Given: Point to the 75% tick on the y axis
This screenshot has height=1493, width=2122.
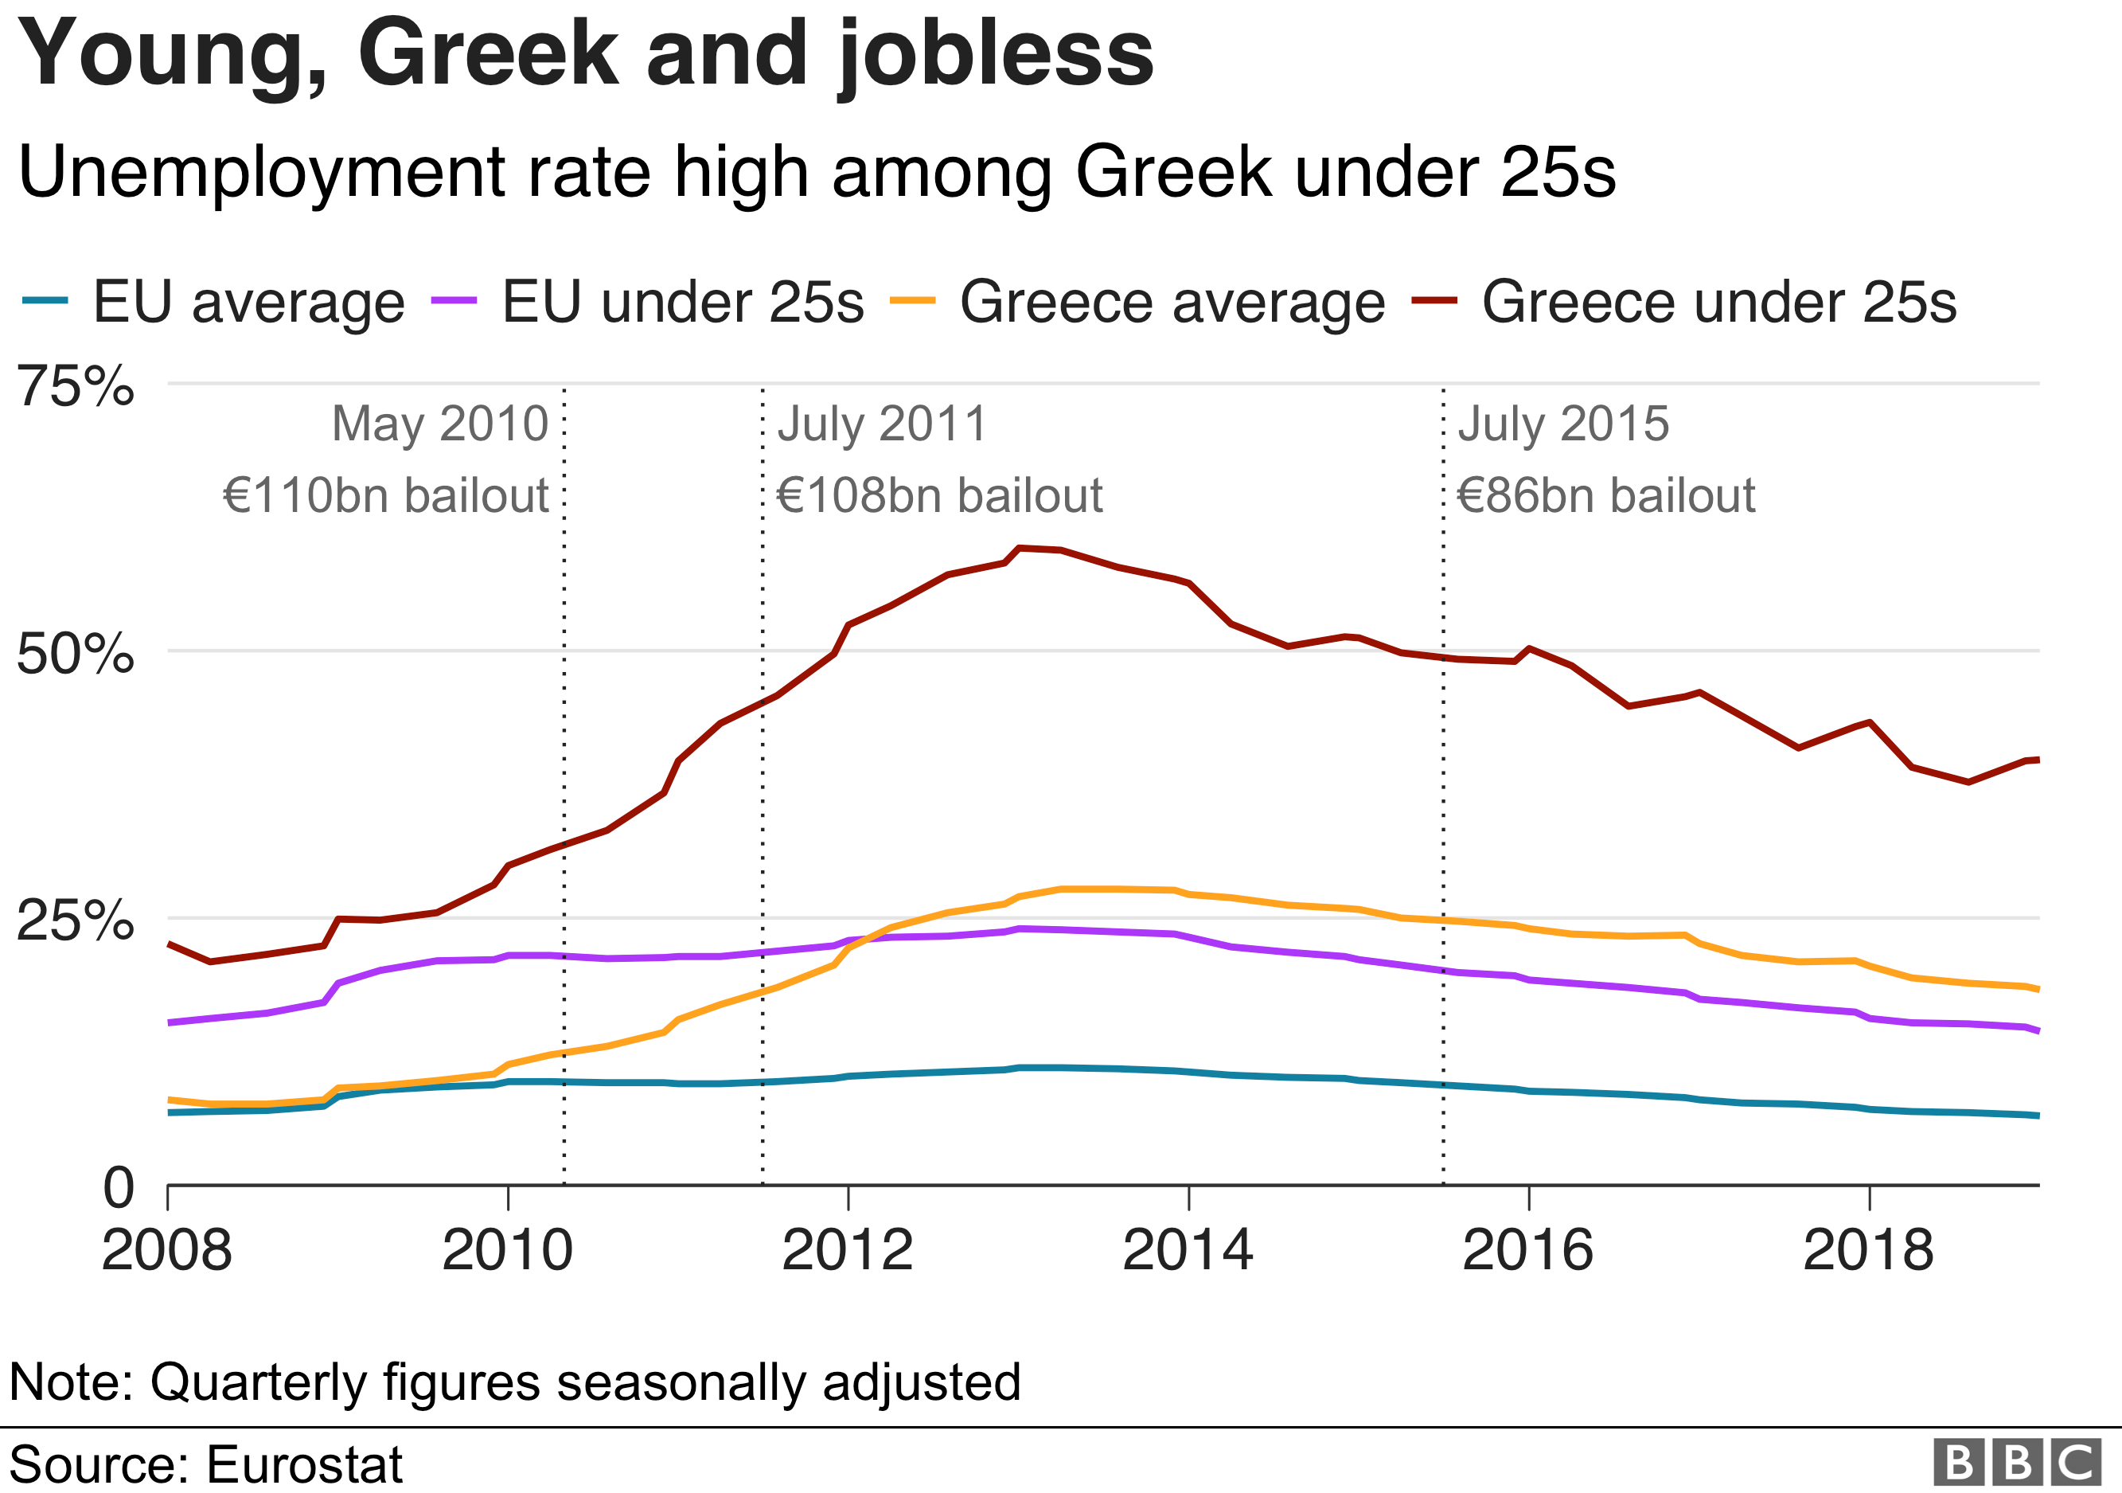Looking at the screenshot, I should click(76, 385).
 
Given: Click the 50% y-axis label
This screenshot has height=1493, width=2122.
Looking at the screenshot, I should click(76, 654).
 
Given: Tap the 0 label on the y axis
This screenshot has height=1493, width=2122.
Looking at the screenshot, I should click(119, 1188).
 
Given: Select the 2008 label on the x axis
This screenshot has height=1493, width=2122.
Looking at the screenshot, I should click(166, 1250).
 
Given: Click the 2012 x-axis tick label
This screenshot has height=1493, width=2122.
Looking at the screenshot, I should click(847, 1250).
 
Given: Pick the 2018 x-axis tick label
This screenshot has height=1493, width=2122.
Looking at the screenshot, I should click(1868, 1250).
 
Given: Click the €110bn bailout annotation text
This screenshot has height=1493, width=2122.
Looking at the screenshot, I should click(386, 494).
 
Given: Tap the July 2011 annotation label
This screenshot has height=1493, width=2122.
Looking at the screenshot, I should click(882, 424).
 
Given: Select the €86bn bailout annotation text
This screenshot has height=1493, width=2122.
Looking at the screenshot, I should click(1605, 494).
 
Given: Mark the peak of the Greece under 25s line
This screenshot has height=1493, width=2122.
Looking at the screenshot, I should click(1020, 548).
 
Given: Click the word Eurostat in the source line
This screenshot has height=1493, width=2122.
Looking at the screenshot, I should click(304, 1464).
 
